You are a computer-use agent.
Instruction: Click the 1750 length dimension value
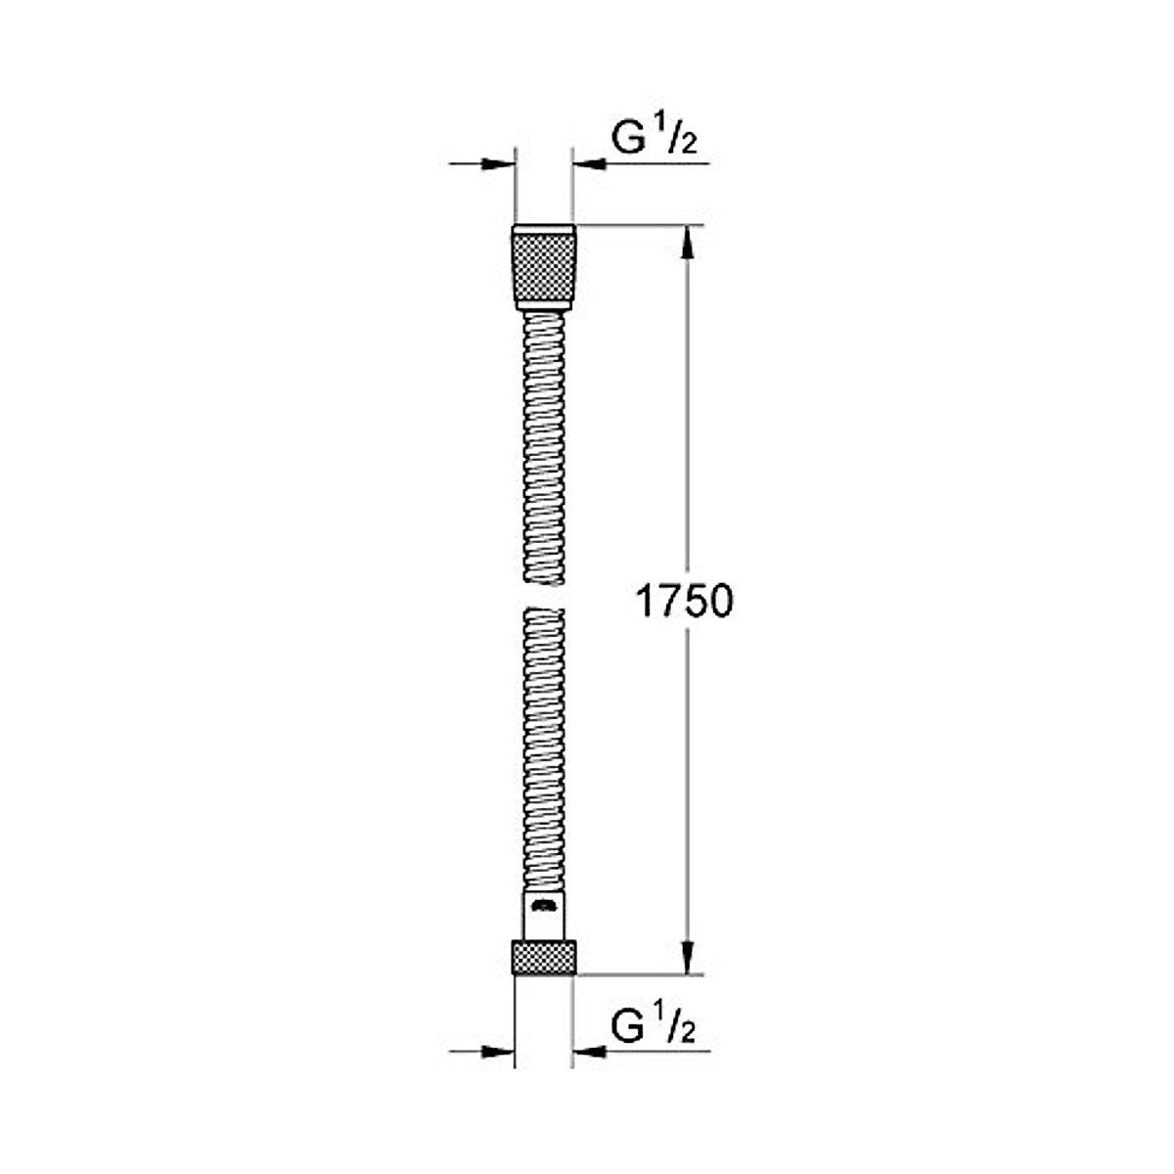684,603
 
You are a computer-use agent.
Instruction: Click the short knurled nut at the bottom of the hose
544,957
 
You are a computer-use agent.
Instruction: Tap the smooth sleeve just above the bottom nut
544,916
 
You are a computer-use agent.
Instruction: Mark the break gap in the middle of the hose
544,597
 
